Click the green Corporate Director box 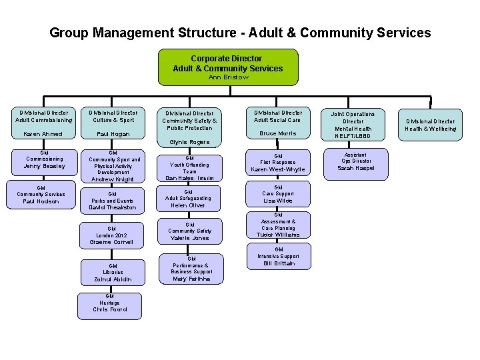point(227,67)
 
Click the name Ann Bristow point(228,77)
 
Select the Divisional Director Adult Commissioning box point(42,123)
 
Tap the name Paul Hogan point(111,134)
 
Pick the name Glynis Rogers point(189,142)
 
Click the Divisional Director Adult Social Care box point(277,123)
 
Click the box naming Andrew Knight point(112,167)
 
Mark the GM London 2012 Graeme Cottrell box point(111,235)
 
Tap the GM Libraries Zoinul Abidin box point(113,273)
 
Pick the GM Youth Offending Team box point(190,167)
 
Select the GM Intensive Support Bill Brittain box point(278,257)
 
